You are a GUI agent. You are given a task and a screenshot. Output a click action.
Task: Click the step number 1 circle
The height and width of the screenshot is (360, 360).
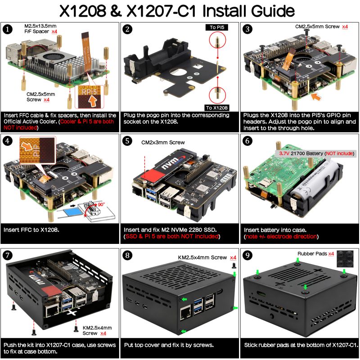coord(7,30)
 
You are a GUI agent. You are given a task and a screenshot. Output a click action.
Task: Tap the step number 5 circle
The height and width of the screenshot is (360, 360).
coord(128,141)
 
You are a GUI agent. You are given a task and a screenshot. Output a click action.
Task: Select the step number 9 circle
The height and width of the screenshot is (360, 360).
coord(248,255)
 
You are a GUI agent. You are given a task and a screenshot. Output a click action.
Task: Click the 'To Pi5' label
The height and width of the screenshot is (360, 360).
coord(217,27)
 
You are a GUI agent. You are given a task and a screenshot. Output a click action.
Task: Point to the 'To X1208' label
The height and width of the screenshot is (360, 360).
coord(217,108)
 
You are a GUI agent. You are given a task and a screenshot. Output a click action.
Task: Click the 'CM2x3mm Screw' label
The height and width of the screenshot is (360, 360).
coord(163,143)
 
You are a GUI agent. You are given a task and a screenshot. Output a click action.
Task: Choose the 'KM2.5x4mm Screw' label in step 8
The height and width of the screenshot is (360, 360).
coord(202,257)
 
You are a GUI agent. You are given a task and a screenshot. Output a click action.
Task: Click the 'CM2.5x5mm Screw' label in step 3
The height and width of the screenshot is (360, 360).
coord(318,27)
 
